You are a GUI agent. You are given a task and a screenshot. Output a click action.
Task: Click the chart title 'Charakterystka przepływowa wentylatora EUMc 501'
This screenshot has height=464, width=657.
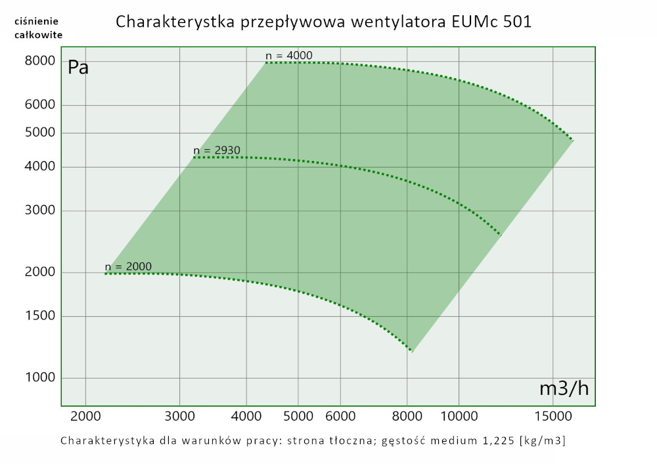pyautogui.click(x=323, y=22)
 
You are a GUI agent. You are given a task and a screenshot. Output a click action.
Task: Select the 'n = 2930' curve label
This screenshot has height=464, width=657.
pyautogui.click(x=217, y=151)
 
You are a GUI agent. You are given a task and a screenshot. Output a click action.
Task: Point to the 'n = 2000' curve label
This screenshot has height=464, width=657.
pyautogui.click(x=128, y=266)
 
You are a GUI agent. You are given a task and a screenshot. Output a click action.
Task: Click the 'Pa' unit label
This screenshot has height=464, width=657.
pyautogui.click(x=78, y=67)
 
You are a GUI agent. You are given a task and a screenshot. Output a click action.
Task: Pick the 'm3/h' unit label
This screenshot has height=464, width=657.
pyautogui.click(x=564, y=388)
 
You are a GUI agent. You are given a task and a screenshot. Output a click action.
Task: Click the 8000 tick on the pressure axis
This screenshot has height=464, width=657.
pyautogui.click(x=39, y=61)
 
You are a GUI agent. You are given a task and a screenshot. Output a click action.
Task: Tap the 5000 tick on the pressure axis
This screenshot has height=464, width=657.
pyautogui.click(x=39, y=133)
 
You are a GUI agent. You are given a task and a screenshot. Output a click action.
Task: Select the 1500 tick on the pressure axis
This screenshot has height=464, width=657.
pyautogui.click(x=39, y=316)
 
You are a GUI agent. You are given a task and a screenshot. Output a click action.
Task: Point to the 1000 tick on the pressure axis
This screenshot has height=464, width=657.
pyautogui.click(x=39, y=378)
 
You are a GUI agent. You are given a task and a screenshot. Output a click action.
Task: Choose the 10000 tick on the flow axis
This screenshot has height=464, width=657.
pyautogui.click(x=458, y=417)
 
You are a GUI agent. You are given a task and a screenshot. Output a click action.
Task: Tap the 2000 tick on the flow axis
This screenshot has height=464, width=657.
pyautogui.click(x=85, y=417)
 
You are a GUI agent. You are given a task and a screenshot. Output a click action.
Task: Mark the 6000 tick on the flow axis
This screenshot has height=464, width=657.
pyautogui.click(x=340, y=417)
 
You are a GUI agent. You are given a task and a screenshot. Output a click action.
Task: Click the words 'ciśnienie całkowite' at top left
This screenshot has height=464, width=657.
pyautogui.click(x=38, y=28)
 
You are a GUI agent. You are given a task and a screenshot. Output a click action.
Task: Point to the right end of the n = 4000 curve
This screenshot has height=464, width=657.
pyautogui.click(x=573, y=141)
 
